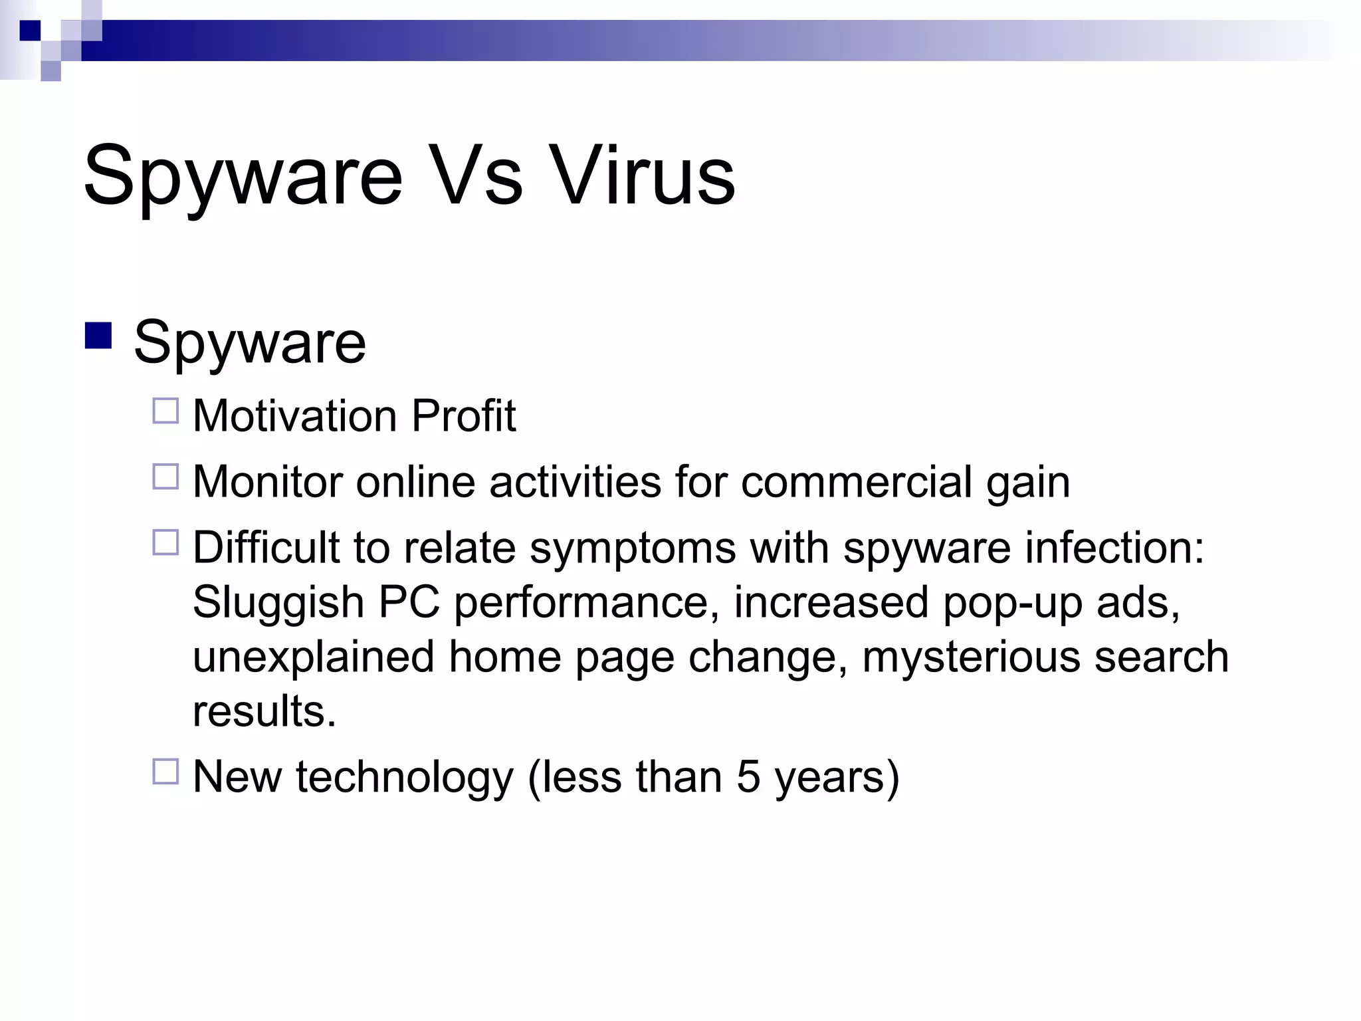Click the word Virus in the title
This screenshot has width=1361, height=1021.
tap(643, 175)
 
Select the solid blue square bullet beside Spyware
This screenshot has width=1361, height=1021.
tap(98, 336)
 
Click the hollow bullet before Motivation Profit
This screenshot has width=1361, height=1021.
tap(165, 411)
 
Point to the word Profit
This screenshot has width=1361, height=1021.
tap(463, 416)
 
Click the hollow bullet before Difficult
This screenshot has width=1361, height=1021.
tap(165, 542)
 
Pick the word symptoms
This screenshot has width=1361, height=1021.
tap(632, 549)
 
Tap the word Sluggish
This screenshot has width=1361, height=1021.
tap(278, 604)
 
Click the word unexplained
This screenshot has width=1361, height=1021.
tap(313, 658)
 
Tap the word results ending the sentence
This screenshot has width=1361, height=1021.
tap(264, 711)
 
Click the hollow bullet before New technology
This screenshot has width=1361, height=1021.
tap(165, 772)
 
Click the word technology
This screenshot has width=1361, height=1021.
tap(405, 778)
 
